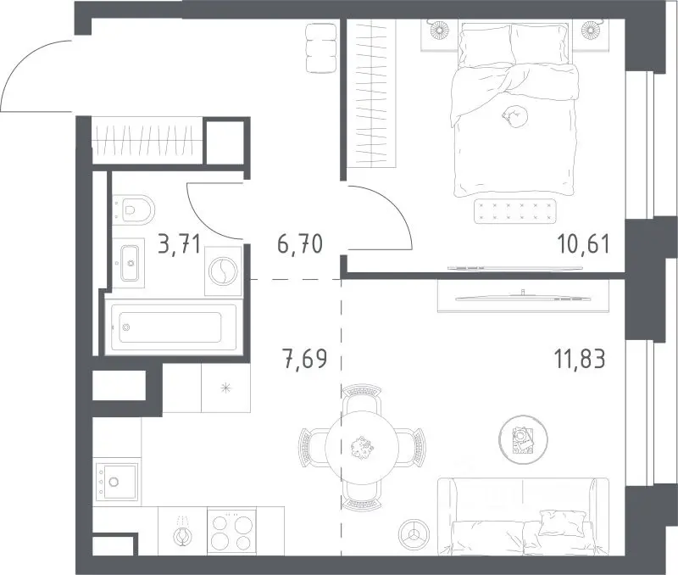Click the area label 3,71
point(179,244)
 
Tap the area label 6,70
point(300,243)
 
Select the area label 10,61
point(584,243)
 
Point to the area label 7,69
point(304,359)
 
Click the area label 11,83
point(580,359)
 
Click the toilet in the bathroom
point(134,209)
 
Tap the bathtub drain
point(126,327)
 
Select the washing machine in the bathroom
point(223,271)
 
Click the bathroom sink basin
point(130,263)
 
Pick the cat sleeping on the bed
point(515,117)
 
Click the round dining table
point(362,448)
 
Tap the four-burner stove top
point(231,531)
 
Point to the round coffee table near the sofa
point(523,439)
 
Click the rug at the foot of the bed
point(514,211)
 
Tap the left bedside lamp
point(439,30)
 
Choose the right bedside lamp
point(589,30)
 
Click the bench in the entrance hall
point(321,48)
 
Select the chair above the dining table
point(362,399)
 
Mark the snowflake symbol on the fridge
point(225,388)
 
